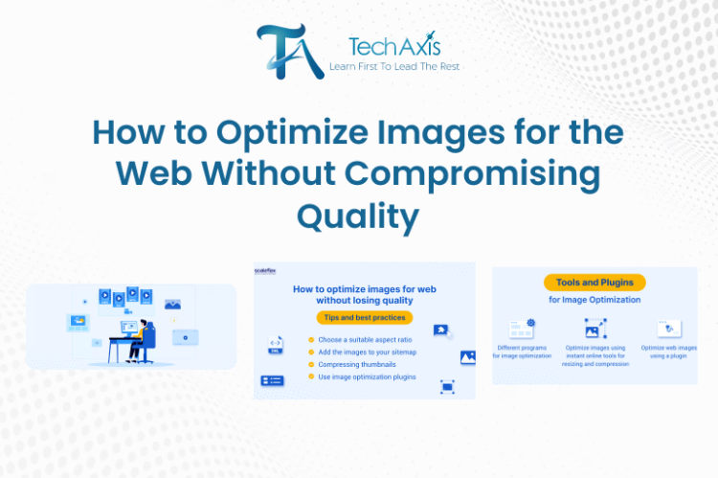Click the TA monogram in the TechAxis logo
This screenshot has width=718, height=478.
coord(285,51)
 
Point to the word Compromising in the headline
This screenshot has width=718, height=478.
coord(490,175)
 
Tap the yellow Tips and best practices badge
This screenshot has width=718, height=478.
coord(365,317)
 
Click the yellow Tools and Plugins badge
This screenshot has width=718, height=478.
coord(595,283)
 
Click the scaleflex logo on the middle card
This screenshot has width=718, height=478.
coord(267,272)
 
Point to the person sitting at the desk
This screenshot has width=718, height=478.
coord(141,336)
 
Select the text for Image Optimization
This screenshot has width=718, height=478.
coord(595,300)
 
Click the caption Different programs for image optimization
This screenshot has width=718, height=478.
coord(523,351)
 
